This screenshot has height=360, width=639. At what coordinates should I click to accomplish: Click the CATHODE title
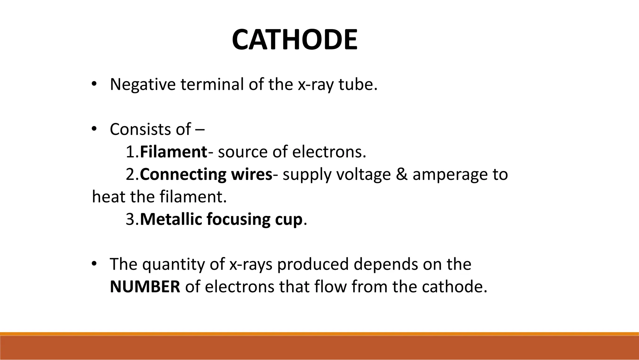click(295, 40)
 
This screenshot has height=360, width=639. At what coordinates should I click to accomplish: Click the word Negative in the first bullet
click(143, 84)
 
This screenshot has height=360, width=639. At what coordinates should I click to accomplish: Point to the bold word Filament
click(173, 152)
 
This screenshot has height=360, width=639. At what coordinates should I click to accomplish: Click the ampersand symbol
click(402, 175)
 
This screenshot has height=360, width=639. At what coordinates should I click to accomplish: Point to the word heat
click(109, 197)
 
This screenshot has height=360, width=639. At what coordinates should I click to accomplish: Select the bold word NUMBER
click(145, 287)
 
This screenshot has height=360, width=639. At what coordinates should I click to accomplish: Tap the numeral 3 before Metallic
click(130, 219)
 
